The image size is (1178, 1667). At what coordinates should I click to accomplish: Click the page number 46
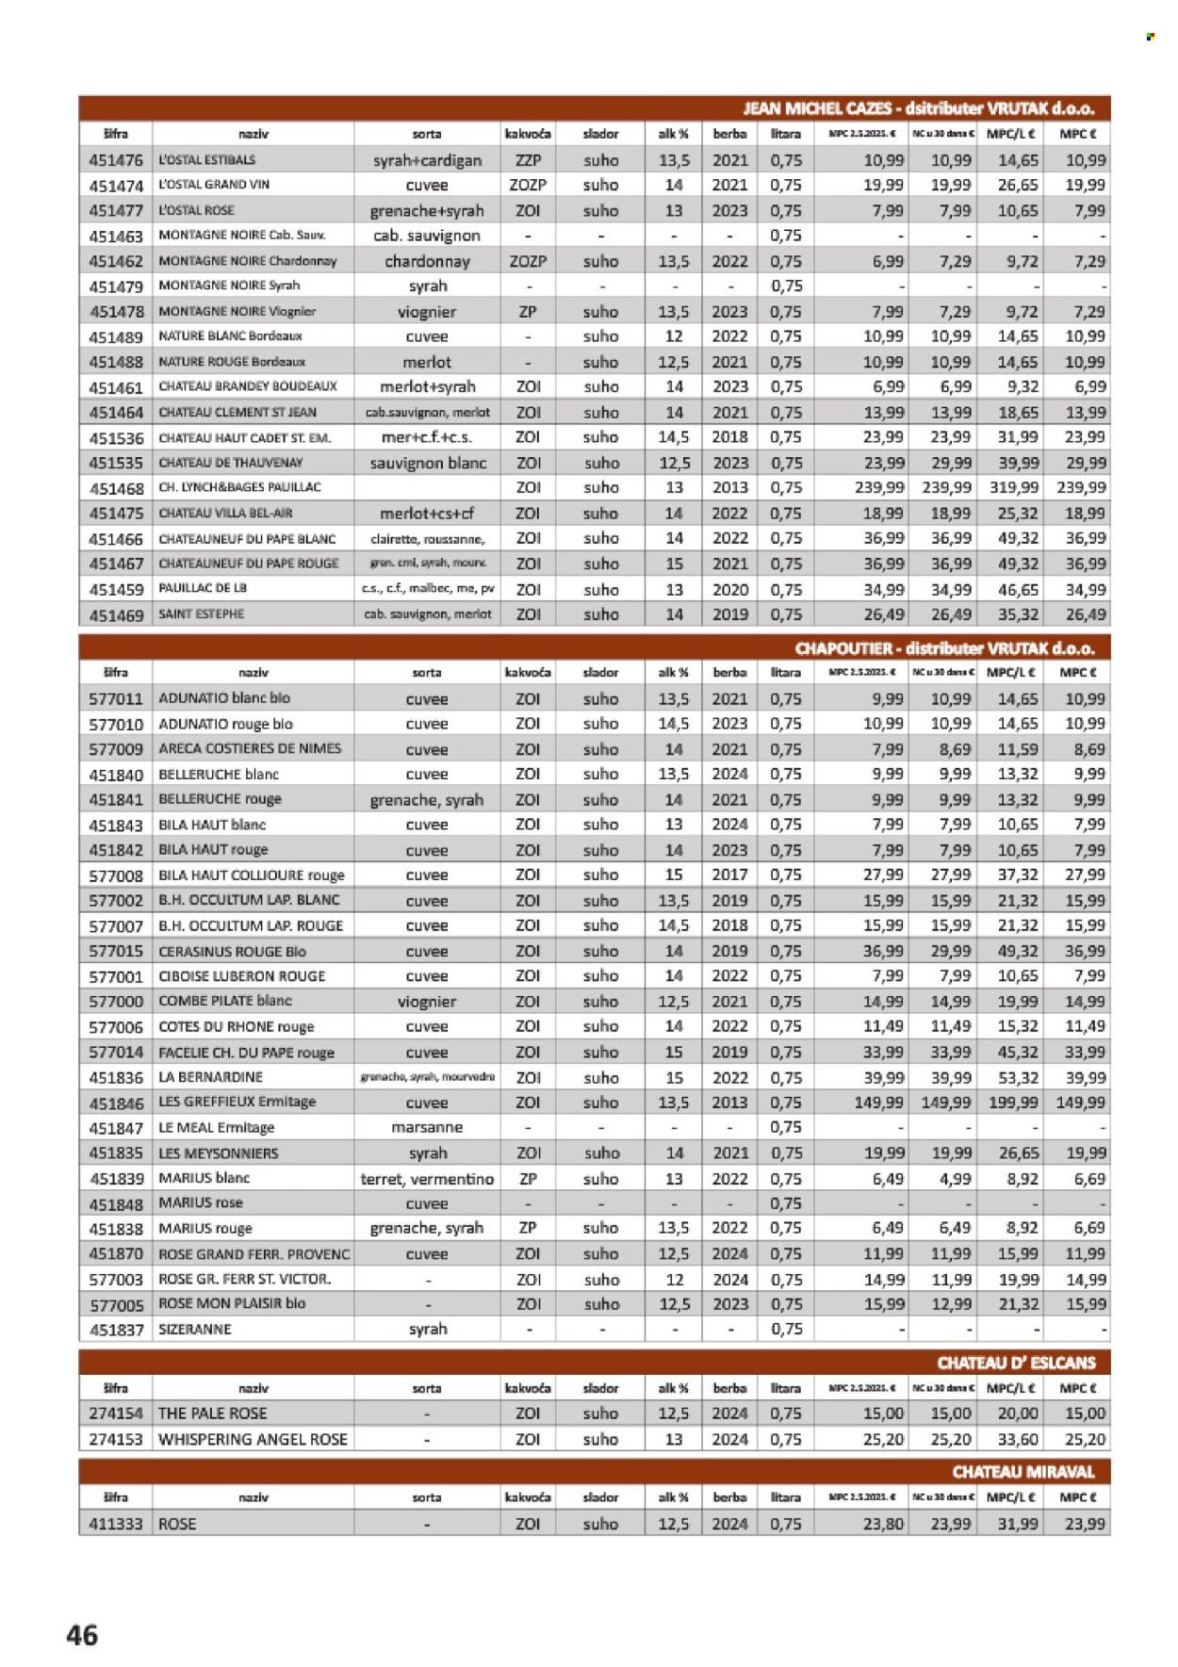pyautogui.click(x=82, y=1634)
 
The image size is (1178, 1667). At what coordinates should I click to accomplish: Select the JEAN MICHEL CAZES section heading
pyautogui.click(x=918, y=108)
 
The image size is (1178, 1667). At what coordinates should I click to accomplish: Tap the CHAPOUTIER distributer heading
pyautogui.click(x=944, y=648)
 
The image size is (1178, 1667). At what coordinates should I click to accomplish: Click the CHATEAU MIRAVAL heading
pyautogui.click(x=1023, y=1471)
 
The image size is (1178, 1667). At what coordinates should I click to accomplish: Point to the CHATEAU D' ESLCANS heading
pyautogui.click(x=1016, y=1363)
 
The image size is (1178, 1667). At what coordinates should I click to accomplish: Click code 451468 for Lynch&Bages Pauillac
pyautogui.click(x=116, y=488)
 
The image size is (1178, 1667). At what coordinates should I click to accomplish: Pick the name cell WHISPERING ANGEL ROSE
pyautogui.click(x=253, y=1439)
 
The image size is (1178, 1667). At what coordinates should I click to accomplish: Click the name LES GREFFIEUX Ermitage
pyautogui.click(x=237, y=1102)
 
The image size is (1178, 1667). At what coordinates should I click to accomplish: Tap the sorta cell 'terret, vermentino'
pyautogui.click(x=427, y=1179)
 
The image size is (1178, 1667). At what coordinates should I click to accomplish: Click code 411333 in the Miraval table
pyautogui.click(x=116, y=1523)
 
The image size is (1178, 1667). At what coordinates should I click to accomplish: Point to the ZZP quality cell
pyautogui.click(x=528, y=160)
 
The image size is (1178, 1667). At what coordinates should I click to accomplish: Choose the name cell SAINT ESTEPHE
pyautogui.click(x=202, y=613)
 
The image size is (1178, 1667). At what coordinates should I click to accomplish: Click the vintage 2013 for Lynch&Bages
pyautogui.click(x=729, y=487)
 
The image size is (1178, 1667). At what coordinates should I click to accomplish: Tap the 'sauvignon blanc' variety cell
pyautogui.click(x=428, y=463)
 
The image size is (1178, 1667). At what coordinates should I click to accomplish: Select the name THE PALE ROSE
pyautogui.click(x=213, y=1413)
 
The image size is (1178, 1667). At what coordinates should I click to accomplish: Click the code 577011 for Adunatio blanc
pyautogui.click(x=116, y=699)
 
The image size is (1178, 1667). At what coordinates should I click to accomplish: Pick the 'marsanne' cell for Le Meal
pyautogui.click(x=427, y=1127)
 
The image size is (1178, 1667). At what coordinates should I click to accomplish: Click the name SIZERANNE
pyautogui.click(x=195, y=1329)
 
